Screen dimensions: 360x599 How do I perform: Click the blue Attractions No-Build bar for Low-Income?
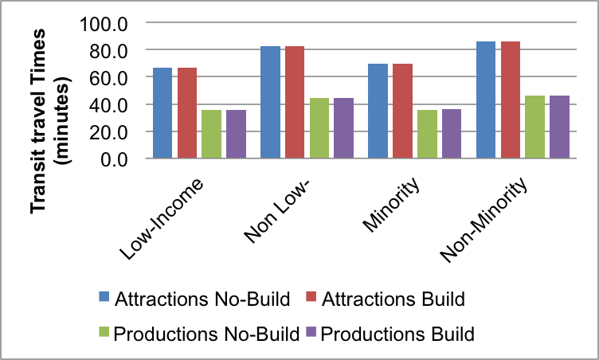(163, 113)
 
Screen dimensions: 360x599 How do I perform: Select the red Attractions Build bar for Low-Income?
(187, 113)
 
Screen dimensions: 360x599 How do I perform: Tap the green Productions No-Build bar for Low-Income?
(211, 134)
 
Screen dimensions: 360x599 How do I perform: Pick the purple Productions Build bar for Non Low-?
(343, 128)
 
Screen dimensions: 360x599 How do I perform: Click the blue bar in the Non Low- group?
(271, 103)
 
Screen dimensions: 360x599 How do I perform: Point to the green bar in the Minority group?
(427, 134)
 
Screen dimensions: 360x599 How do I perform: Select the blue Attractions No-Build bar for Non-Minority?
(486, 100)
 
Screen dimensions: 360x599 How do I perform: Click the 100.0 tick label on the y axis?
(104, 23)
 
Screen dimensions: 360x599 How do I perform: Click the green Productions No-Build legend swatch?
(104, 333)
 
